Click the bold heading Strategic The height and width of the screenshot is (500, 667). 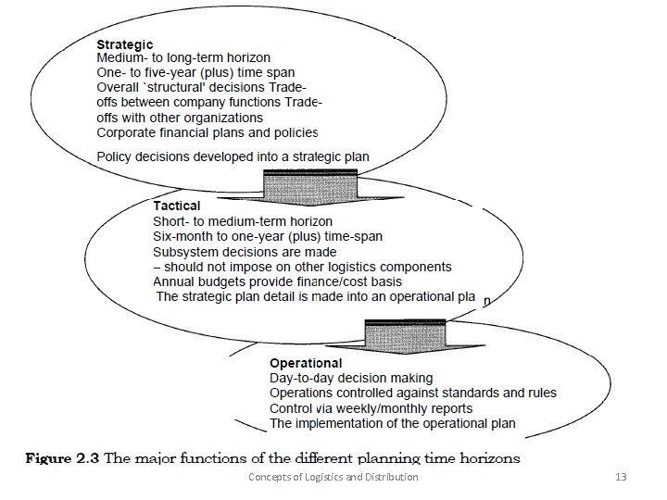pyautogui.click(x=125, y=44)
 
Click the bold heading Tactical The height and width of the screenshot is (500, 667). pyautogui.click(x=176, y=206)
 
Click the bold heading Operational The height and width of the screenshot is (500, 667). pyautogui.click(x=305, y=363)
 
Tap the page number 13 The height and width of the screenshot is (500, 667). pyautogui.click(x=621, y=477)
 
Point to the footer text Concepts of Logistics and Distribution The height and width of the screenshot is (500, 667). pyautogui.click(x=333, y=477)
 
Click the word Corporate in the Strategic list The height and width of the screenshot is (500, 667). pyautogui.click(x=128, y=132)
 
